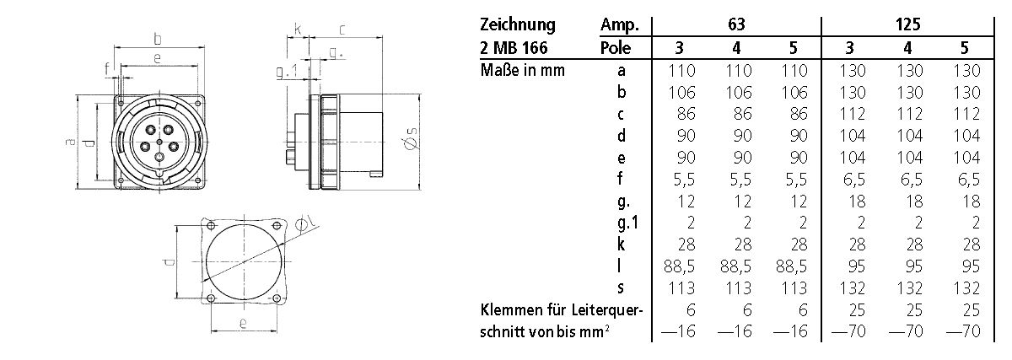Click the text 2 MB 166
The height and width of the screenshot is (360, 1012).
coord(511,48)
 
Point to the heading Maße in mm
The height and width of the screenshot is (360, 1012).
coord(522,71)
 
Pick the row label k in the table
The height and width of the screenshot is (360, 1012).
coord(621,244)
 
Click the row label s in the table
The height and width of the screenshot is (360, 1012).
coord(621,288)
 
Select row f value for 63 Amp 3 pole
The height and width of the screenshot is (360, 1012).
coord(681,179)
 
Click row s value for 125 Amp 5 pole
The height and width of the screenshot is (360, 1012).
coord(963,288)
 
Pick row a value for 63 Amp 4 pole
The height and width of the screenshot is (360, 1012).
coord(737,71)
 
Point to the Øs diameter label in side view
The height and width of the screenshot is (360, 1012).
coord(412,141)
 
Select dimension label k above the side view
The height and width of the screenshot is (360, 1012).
coord(298,29)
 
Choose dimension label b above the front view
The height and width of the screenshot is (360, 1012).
coord(158,38)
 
